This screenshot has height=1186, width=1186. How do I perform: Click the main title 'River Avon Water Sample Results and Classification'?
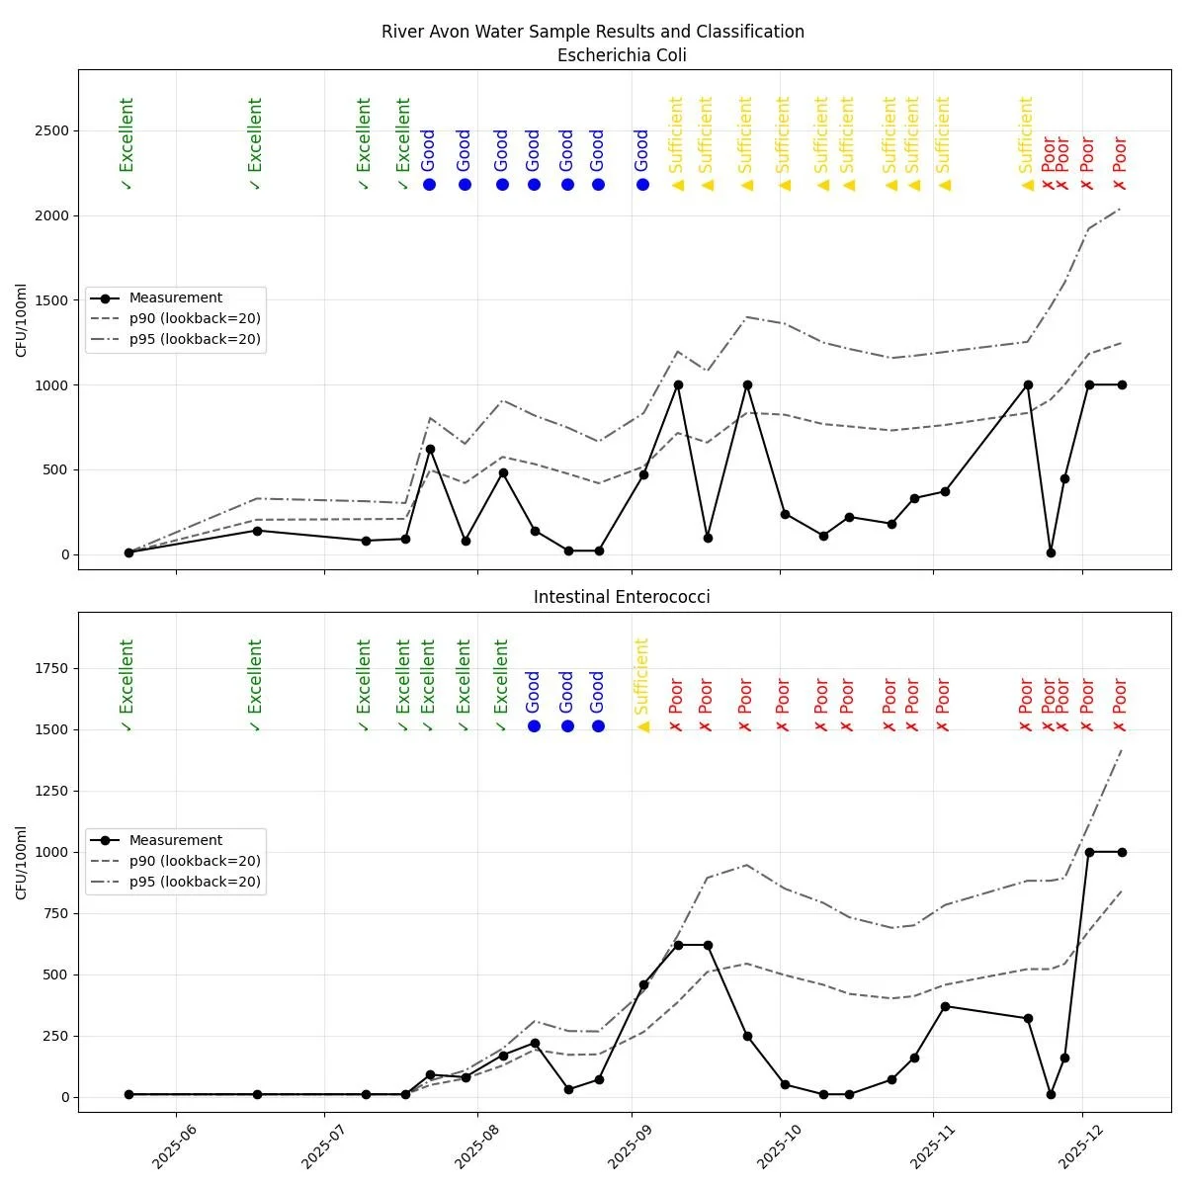(x=593, y=32)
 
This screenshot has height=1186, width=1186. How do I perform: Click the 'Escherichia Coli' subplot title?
(x=622, y=55)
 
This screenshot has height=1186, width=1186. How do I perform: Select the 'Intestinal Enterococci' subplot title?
(x=622, y=597)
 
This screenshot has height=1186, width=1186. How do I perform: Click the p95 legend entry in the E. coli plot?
(x=195, y=339)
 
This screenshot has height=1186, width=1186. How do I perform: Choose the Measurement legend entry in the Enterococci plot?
(x=175, y=840)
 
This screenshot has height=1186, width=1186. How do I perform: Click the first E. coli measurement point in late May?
(x=128, y=552)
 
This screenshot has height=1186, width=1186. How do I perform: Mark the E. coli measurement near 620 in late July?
(x=430, y=449)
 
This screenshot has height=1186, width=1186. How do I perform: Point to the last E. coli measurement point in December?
(x=1122, y=384)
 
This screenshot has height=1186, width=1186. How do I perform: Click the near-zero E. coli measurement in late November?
(x=1051, y=552)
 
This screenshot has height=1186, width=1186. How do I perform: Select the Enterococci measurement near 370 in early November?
(x=945, y=1006)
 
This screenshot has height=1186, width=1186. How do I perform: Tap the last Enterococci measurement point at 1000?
(x=1122, y=852)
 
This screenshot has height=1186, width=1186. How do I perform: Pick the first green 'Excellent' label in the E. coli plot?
(x=127, y=143)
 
